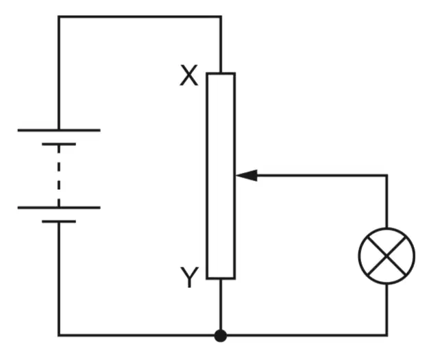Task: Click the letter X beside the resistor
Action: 188,75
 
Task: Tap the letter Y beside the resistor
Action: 189,277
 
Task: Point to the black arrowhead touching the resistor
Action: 247,176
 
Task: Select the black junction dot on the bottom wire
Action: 221,335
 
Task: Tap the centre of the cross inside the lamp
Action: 387,256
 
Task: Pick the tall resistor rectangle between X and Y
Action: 207,176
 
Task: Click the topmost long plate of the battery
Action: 59,130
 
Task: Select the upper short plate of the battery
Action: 59,144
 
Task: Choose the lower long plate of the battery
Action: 59,208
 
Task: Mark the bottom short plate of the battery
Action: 59,221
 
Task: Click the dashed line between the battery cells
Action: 59,176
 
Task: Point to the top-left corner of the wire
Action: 59,17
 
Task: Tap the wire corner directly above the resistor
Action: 221,17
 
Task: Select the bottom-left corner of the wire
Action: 59,335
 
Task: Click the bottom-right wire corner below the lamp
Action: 387,335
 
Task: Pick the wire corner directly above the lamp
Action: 387,176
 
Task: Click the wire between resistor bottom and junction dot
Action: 221,304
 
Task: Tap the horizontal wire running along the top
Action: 140,17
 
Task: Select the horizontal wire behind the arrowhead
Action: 322,176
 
